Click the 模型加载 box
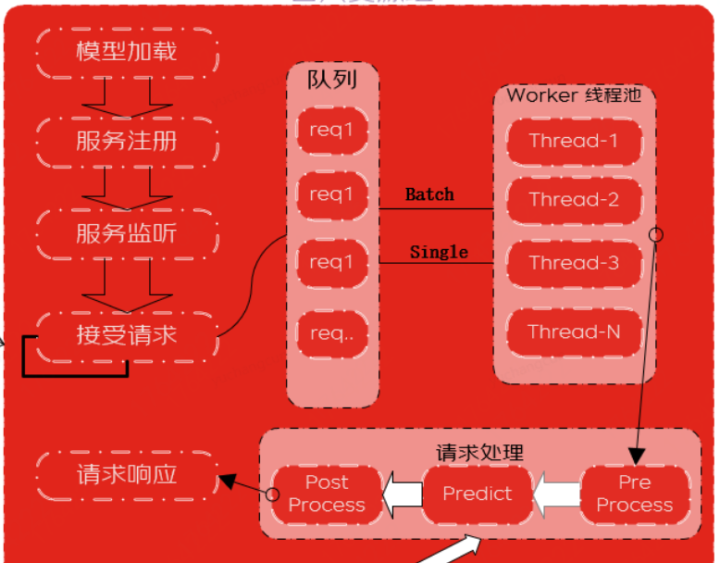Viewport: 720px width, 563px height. pos(127,50)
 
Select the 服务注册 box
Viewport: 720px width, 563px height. pos(127,141)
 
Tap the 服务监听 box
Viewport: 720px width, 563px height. pos(127,232)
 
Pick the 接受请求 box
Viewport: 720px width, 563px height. pos(127,334)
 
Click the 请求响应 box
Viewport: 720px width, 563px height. pos(127,475)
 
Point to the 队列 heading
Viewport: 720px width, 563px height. pos(332,80)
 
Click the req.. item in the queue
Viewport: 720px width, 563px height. pos(331,333)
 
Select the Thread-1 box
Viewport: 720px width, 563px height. pos(573,141)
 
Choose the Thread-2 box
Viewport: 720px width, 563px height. pos(573,199)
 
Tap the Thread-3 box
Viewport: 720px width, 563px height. pos(573,263)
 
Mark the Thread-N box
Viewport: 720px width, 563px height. pos(573,332)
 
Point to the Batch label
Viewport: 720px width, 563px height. pos(429,194)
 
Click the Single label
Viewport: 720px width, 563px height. pos(439,252)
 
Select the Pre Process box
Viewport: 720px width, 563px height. pos(634,494)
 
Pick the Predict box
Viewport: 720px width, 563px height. pos(478,494)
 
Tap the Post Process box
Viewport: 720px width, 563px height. pos(327,494)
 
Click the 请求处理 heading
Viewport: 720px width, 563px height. pos(479,453)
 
